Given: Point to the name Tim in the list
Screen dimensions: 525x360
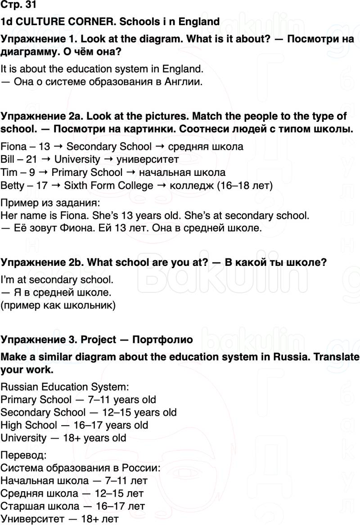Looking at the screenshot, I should coord(9,172).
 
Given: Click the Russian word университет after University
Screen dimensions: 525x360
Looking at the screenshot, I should coord(147,159).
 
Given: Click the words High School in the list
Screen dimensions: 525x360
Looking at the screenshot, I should coord(29,425).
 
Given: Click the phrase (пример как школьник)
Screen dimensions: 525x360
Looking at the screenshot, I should coord(58,306).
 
